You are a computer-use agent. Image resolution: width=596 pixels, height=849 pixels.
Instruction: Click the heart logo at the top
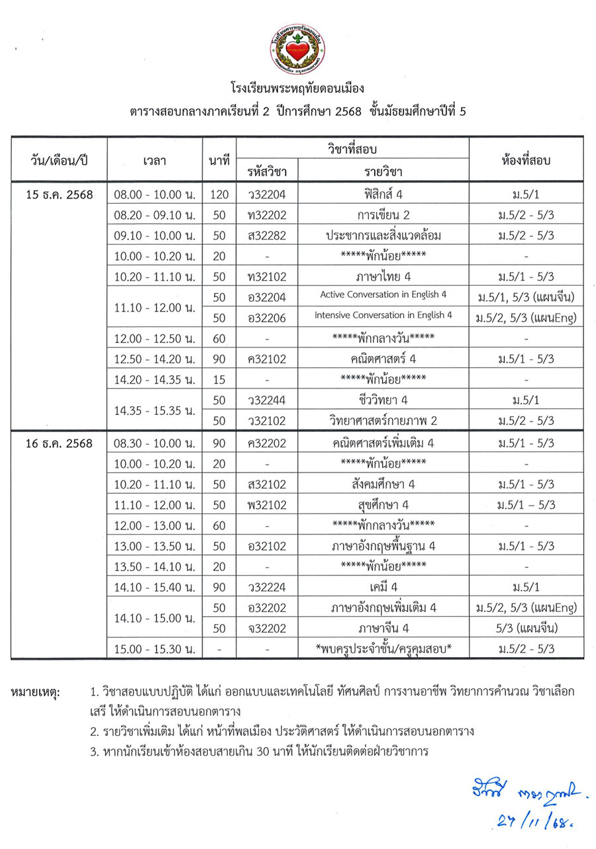297,49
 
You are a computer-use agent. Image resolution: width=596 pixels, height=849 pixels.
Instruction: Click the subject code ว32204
266,195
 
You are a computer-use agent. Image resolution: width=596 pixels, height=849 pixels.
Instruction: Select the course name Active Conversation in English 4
383,294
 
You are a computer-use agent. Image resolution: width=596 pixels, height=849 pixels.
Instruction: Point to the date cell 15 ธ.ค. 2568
58,195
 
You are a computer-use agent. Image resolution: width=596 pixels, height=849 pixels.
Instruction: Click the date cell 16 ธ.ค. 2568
58,441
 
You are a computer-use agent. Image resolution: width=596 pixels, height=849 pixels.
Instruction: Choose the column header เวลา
154,159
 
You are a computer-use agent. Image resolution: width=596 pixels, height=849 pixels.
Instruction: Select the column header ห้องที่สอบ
526,159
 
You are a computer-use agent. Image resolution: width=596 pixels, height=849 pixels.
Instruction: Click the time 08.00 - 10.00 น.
154,195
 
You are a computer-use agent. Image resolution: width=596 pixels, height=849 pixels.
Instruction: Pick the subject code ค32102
266,359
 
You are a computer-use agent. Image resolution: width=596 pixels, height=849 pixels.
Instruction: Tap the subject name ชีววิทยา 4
383,400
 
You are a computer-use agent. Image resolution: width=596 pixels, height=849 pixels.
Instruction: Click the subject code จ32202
266,628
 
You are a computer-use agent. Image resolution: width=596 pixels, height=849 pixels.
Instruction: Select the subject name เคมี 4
383,586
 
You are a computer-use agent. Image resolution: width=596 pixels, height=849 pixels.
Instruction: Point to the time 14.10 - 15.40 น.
154,586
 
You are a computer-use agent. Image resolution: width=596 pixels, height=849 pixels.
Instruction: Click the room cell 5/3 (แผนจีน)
526,628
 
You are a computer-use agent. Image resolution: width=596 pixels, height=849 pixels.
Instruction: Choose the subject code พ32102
266,504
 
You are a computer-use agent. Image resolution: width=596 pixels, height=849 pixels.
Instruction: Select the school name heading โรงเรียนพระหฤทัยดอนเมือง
297,88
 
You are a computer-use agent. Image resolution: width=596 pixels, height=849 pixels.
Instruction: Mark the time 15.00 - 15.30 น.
154,648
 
